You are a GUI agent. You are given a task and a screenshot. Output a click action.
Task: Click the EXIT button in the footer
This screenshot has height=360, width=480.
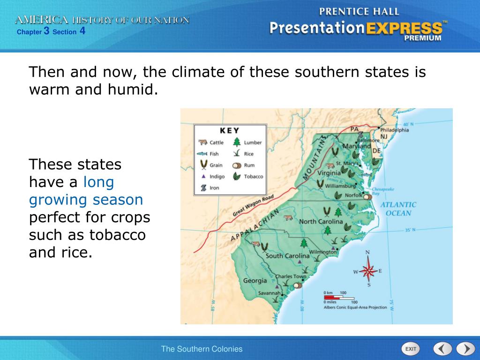[x=411, y=349]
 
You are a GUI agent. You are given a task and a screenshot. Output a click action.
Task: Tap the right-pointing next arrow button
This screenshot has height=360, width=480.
[x=465, y=349]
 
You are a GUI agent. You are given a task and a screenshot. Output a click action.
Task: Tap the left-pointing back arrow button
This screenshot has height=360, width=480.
[x=442, y=349]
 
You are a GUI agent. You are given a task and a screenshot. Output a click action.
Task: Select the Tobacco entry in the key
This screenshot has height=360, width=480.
[x=248, y=177]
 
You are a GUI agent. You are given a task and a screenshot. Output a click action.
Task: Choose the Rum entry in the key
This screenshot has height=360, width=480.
[x=244, y=165]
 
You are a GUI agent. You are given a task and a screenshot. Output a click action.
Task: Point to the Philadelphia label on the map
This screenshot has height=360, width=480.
[x=394, y=130]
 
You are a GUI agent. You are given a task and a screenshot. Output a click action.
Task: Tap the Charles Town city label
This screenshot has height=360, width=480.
[x=290, y=277]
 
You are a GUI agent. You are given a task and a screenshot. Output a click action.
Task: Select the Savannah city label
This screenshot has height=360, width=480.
[x=270, y=293]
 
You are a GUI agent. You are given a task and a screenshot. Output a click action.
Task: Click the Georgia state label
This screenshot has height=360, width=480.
[x=255, y=281]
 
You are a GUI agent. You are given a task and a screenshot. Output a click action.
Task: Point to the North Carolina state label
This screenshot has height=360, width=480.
[x=321, y=221]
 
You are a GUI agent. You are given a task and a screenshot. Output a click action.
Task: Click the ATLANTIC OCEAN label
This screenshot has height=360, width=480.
[x=398, y=209]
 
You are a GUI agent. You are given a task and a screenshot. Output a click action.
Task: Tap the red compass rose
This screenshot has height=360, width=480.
[x=368, y=270]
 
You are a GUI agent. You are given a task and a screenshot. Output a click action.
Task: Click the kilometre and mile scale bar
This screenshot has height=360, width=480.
[x=341, y=297]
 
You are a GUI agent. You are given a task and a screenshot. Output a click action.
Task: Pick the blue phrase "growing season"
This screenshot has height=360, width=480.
[x=86, y=200]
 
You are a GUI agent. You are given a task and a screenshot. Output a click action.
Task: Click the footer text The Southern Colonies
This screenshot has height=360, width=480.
[x=202, y=349]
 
